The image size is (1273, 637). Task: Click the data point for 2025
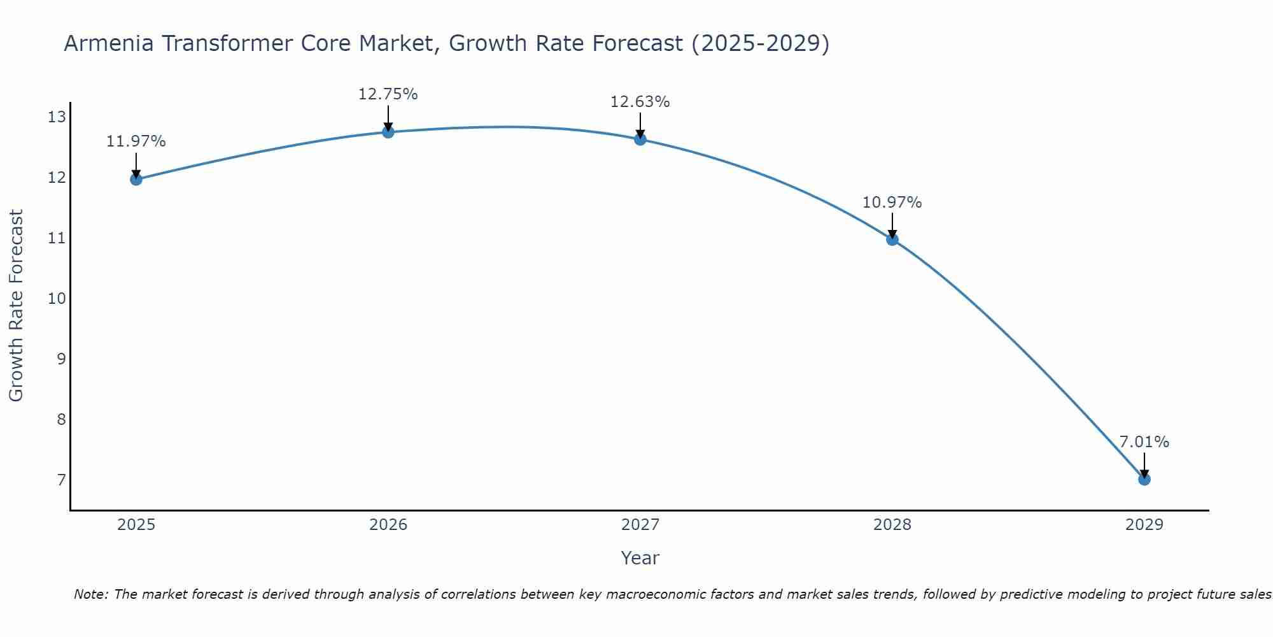136,179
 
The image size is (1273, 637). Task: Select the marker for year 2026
388,132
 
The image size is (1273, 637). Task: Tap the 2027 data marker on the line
640,139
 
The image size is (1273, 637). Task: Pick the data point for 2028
892,240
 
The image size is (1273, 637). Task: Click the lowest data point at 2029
1144,479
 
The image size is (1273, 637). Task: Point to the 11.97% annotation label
136,141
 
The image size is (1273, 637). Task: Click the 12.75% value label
388,94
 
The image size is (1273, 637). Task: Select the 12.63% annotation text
640,102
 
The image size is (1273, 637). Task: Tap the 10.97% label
892,203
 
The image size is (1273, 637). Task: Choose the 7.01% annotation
1144,442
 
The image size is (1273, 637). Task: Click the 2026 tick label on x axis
388,525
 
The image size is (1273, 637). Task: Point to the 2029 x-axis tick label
1144,525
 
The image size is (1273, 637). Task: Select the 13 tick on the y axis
57,117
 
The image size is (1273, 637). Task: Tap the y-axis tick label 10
57,298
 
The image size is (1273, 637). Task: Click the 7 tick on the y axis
61,480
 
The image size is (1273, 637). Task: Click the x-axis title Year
640,558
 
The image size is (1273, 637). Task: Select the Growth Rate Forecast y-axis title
16,306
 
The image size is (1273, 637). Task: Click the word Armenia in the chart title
108,44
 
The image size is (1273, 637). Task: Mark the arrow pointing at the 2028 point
892,225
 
